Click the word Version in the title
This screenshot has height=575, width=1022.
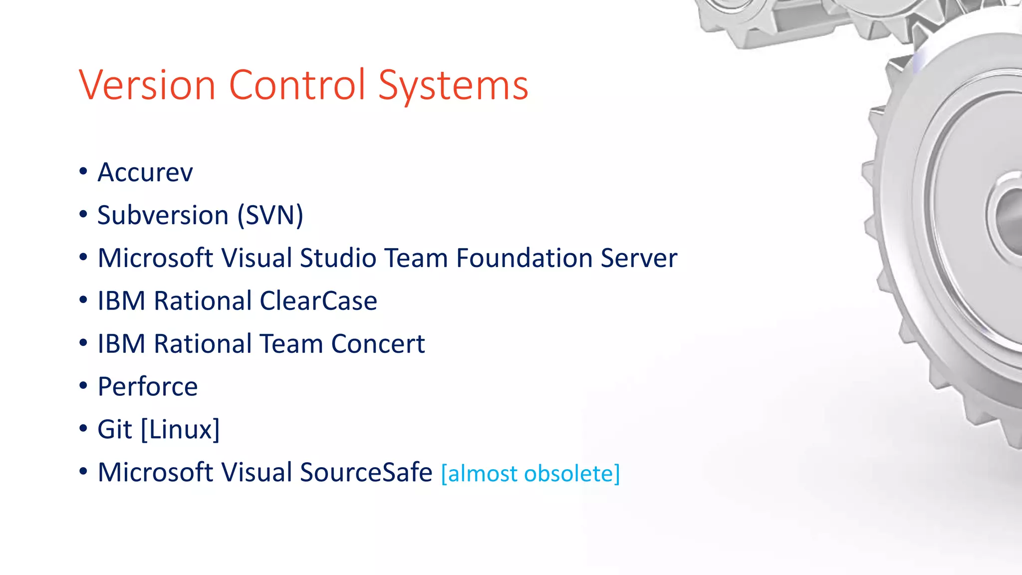click(147, 85)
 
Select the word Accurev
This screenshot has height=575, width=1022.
click(145, 173)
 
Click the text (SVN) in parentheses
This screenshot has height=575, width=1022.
click(270, 216)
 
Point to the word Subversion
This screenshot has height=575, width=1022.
click(163, 216)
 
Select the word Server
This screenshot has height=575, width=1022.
click(639, 259)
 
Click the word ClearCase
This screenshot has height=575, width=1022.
click(318, 301)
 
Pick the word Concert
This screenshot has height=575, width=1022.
click(378, 344)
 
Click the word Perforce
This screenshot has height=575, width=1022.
click(148, 387)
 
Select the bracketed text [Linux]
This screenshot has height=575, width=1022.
click(180, 430)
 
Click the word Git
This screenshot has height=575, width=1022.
click(115, 430)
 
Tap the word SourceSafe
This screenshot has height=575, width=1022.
click(366, 473)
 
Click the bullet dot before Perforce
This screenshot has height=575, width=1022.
click(83, 386)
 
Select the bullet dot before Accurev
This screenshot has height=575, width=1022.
click(83, 172)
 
